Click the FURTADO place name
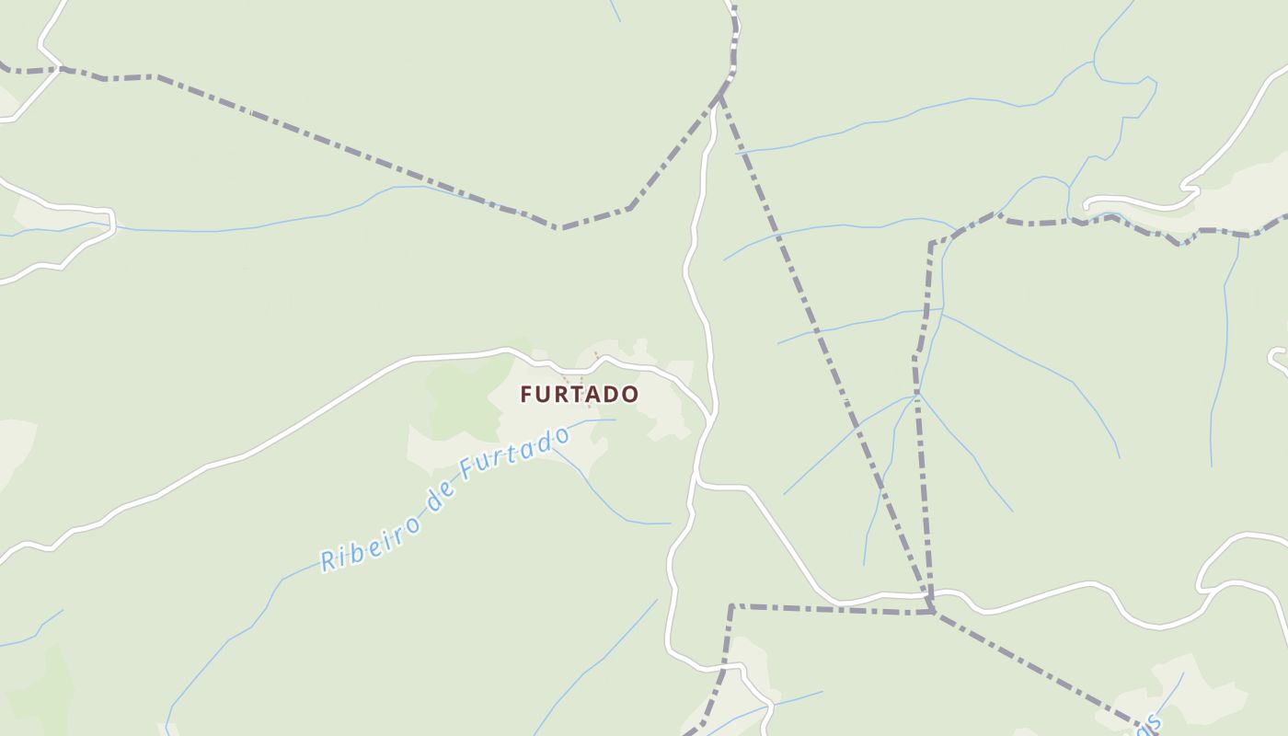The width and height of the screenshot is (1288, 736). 579,394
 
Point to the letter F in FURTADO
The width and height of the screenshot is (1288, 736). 526,394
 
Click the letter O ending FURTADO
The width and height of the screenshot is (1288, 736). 630,394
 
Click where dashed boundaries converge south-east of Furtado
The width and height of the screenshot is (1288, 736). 931,610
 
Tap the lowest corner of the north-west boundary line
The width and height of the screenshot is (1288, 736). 558,226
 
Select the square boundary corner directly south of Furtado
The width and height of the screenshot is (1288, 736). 731,606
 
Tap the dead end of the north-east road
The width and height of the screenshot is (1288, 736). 1087,203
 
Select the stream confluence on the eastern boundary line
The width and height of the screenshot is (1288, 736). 916,395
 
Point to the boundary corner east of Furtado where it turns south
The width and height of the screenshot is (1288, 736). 931,244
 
